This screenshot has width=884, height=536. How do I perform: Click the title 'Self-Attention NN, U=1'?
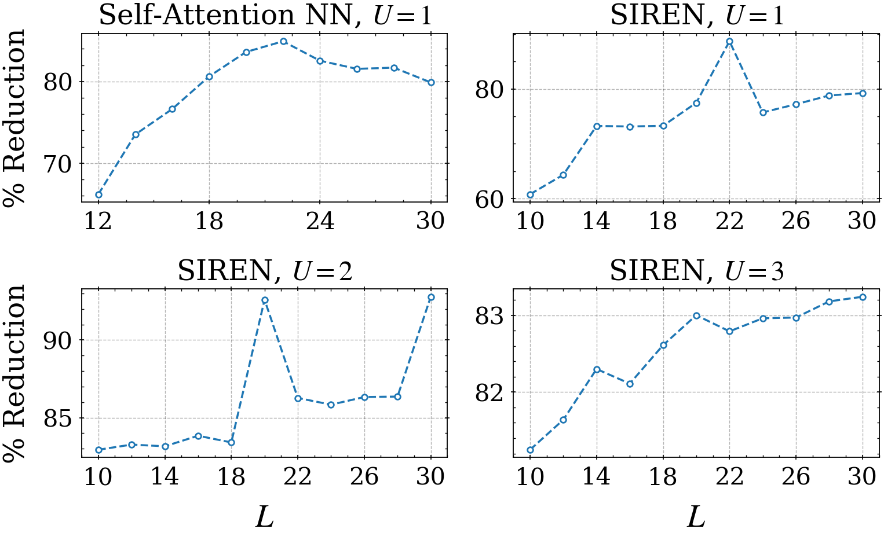point(265,16)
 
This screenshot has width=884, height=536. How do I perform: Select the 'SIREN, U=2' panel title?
point(265,271)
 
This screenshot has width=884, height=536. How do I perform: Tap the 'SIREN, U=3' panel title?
point(696,271)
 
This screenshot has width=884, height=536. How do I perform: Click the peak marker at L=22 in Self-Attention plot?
point(283,42)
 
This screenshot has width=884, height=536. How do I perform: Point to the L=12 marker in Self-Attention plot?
point(98,194)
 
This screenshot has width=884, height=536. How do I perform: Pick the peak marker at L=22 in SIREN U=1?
point(729,42)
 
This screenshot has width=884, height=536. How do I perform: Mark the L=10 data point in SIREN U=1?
point(530,194)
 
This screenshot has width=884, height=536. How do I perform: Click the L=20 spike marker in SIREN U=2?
point(265,300)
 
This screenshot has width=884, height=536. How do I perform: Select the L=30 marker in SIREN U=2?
point(431,298)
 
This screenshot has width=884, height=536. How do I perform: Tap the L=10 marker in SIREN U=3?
point(530,450)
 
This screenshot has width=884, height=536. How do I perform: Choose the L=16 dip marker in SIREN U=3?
point(630,384)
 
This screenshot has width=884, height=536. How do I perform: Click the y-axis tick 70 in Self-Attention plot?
point(59,164)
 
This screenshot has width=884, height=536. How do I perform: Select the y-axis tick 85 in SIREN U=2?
point(59,418)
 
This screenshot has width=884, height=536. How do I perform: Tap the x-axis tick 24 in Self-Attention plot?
point(320,221)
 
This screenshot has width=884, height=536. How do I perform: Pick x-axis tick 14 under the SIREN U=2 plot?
point(165,476)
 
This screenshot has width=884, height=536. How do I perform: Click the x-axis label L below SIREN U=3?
point(696,517)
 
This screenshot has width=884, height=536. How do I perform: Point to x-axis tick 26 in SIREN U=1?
point(796,221)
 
